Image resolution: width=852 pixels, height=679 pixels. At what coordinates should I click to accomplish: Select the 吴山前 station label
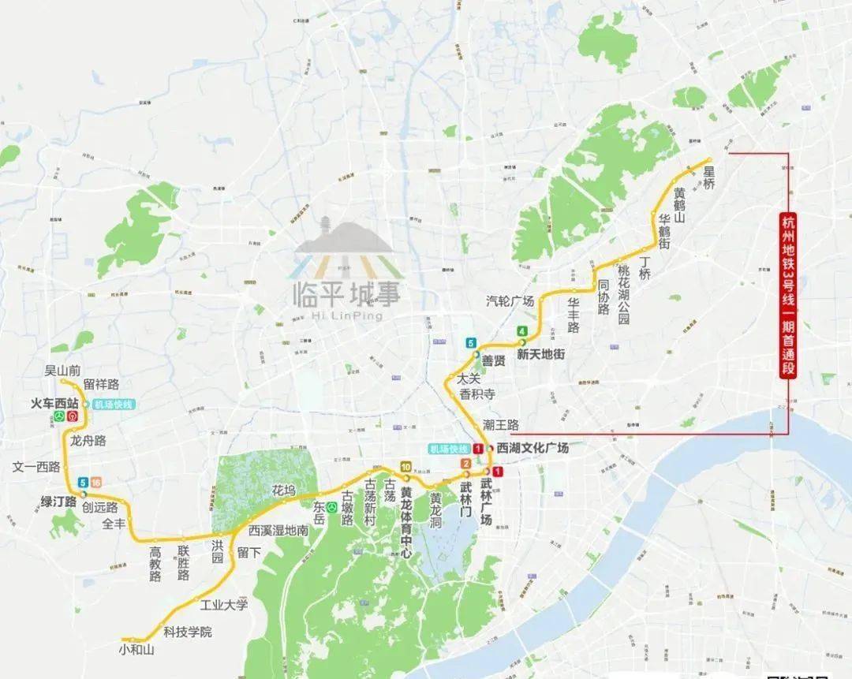[62, 370]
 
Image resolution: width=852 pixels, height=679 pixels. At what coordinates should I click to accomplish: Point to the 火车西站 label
[54, 403]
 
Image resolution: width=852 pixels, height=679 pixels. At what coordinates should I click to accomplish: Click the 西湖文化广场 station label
[532, 448]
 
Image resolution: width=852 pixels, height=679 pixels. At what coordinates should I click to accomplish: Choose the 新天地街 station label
[540, 355]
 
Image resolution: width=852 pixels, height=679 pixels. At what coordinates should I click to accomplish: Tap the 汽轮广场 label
[510, 301]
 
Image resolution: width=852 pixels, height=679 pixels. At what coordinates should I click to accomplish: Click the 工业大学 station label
[223, 605]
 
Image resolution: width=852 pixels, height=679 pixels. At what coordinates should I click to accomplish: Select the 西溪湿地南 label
[278, 531]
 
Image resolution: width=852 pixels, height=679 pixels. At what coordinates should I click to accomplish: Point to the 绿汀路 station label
[58, 501]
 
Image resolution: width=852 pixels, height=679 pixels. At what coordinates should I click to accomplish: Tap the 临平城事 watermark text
[347, 294]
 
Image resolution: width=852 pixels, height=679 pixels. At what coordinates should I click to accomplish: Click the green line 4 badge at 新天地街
[521, 330]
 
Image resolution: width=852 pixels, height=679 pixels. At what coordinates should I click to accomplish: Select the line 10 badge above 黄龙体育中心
[405, 467]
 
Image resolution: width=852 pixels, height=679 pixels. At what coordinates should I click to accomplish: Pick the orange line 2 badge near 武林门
[466, 464]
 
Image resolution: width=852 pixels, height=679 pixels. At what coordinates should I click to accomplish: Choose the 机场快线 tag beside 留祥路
[114, 405]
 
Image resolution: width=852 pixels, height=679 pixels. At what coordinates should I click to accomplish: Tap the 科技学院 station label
[188, 632]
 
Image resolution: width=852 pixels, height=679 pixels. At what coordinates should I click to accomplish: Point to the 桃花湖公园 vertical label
[624, 289]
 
